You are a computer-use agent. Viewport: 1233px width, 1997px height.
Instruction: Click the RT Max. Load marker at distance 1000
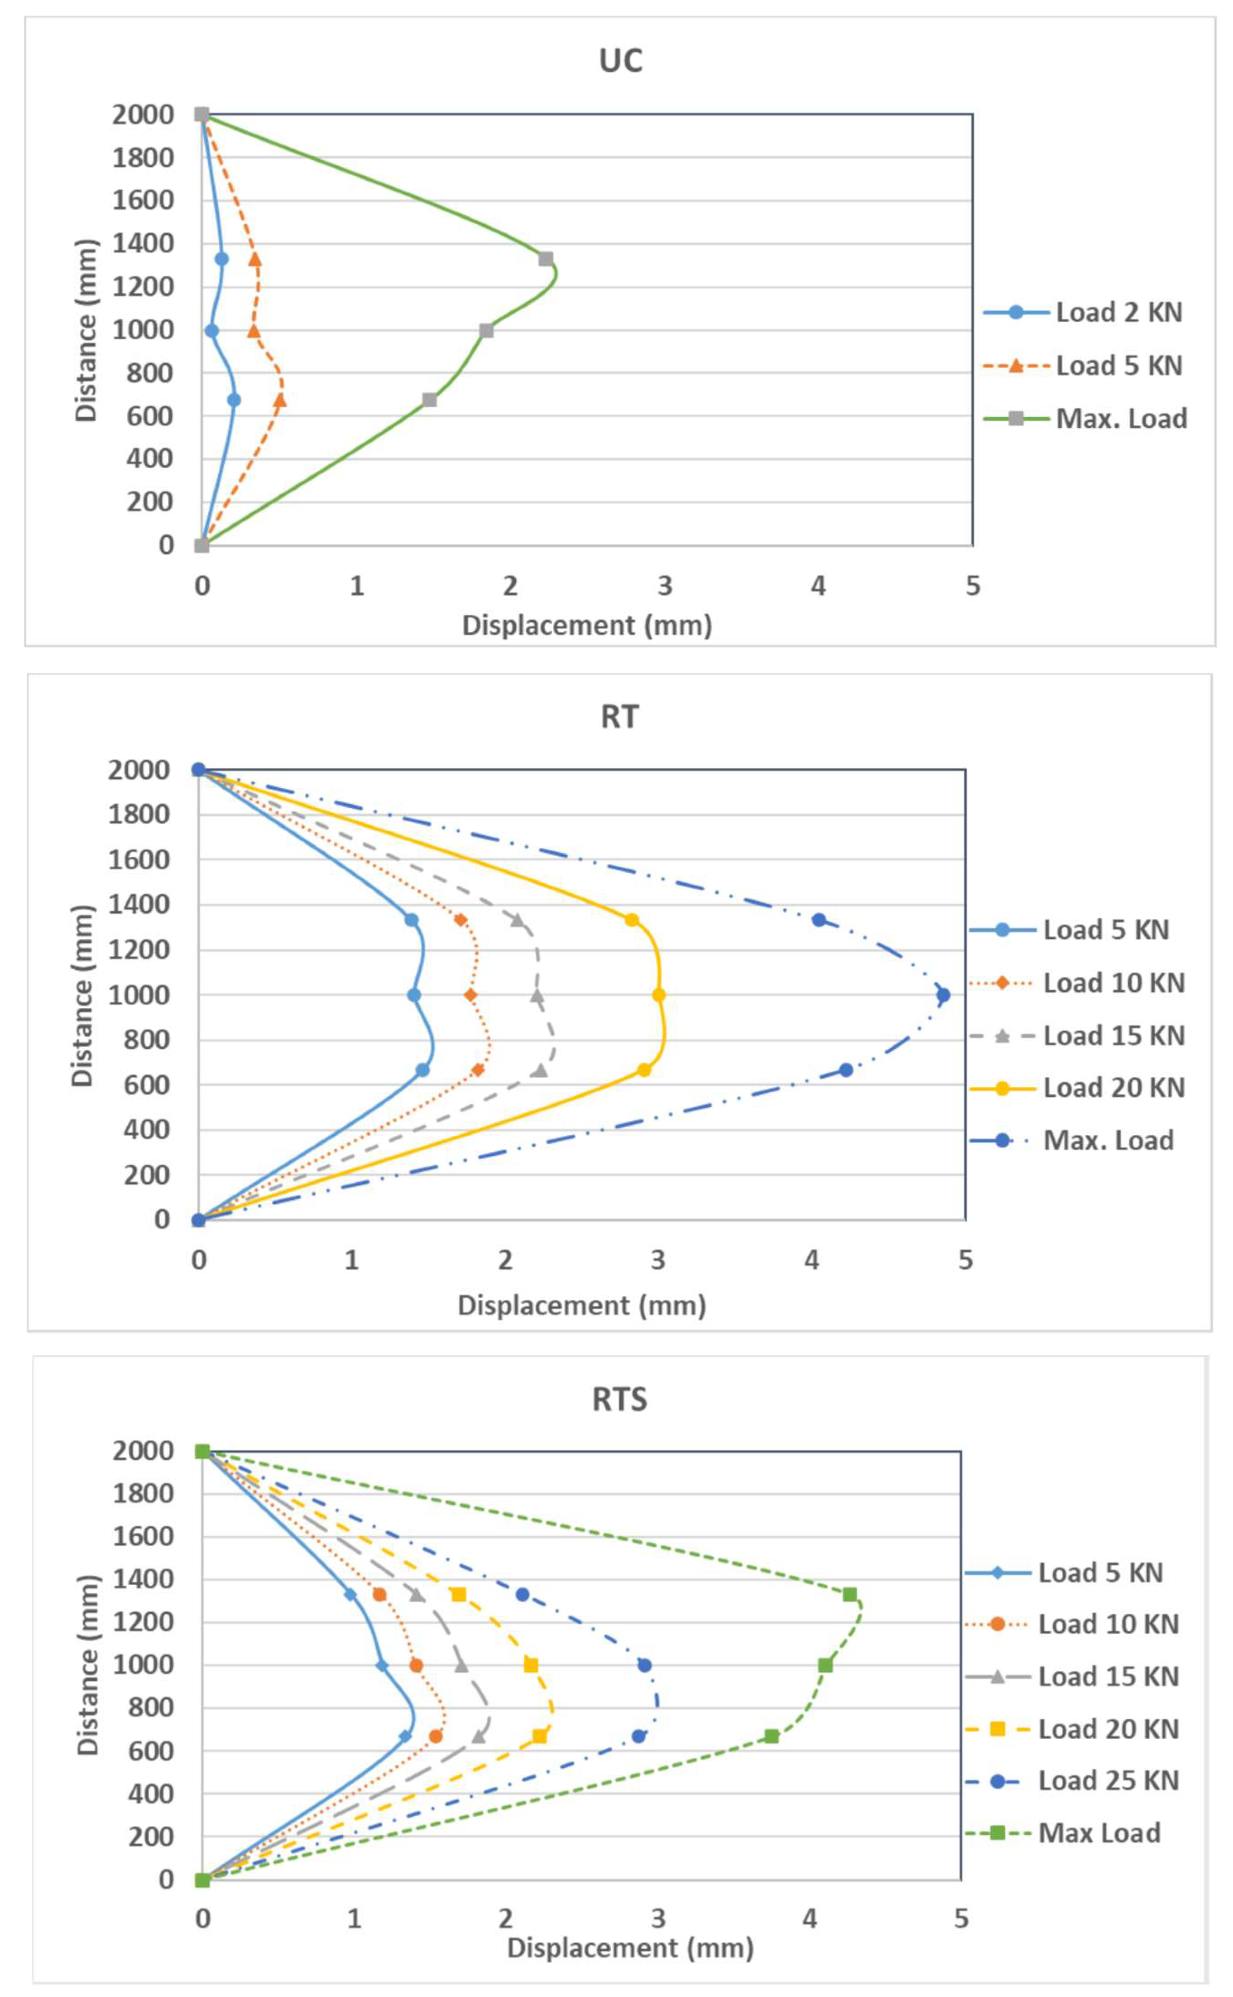click(943, 995)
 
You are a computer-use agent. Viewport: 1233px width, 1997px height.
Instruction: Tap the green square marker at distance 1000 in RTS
click(825, 1665)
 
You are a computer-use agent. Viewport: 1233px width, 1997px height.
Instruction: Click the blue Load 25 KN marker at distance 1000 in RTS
click(644, 1665)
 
